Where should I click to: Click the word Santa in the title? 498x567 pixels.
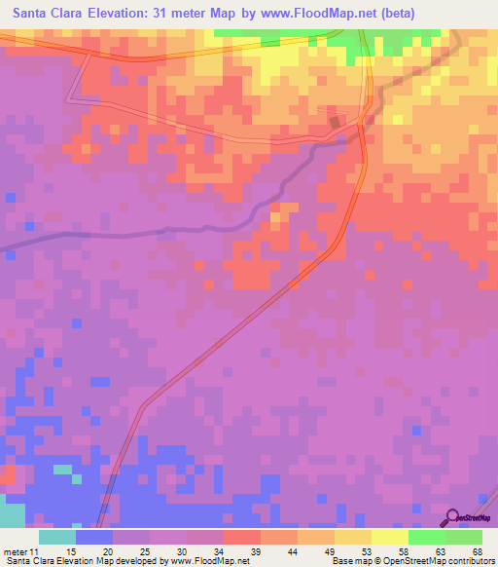click(x=33, y=14)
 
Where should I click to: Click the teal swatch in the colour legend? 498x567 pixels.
click(x=57, y=538)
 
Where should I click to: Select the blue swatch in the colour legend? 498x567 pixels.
click(x=94, y=538)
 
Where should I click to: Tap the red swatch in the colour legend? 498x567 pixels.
click(x=242, y=538)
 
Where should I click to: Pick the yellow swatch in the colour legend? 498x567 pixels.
click(x=390, y=538)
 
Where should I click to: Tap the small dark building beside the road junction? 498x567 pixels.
click(x=337, y=123)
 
